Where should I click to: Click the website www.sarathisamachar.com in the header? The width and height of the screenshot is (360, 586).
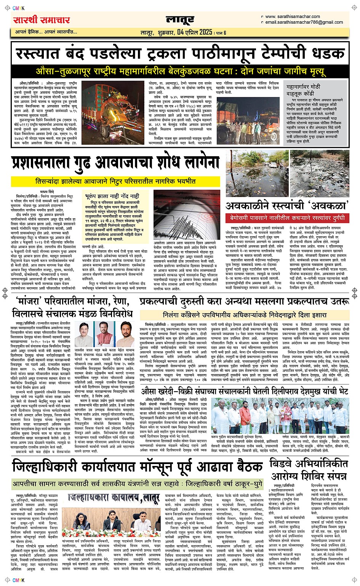click(292, 17)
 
